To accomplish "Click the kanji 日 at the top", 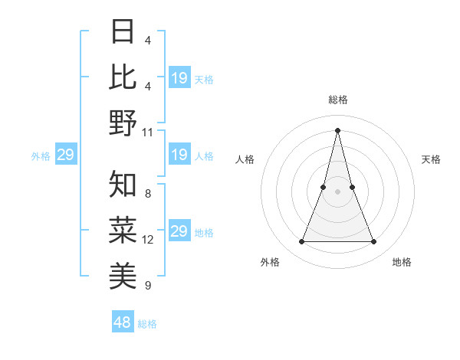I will coord(123,32).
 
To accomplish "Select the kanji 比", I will coord(123,77).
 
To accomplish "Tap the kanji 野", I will coord(123,123).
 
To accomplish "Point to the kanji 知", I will coord(123,185).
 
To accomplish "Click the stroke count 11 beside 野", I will coord(148,132).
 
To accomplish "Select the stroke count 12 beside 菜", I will coord(148,240).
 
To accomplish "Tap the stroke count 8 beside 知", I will coord(148,195).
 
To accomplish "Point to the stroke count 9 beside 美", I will coord(148,286).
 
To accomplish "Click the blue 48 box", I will coord(123,322).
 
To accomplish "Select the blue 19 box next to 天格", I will coord(179,78).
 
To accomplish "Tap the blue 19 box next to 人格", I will coord(179,155).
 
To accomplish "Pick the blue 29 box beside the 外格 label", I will coord(65,155).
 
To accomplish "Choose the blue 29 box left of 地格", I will coord(179,231).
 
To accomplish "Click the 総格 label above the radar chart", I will coord(337,100).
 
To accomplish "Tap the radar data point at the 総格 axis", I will coord(337,129).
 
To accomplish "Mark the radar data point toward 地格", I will coord(373,242).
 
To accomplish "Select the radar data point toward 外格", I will coord(301,242).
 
